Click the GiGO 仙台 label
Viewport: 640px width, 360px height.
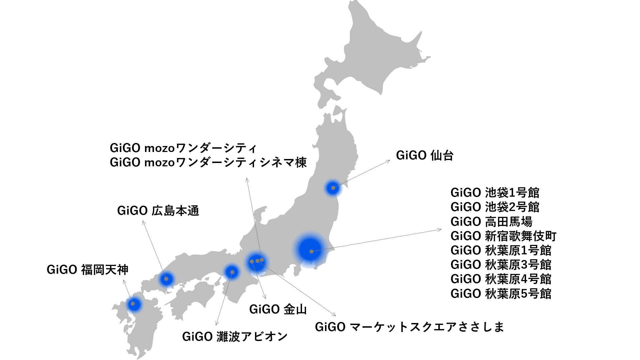pos(425,156)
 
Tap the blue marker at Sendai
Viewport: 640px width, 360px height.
pos(333,188)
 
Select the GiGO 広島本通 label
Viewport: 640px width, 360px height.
pos(158,211)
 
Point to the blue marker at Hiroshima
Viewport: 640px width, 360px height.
pos(166,279)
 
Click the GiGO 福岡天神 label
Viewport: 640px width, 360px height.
pos(87,270)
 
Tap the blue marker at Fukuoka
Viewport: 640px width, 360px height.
pos(133,304)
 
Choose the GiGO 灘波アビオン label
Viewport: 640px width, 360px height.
pos(235,337)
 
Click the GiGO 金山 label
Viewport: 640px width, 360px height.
pos(278,309)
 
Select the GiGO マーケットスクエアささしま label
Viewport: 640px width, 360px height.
pos(410,327)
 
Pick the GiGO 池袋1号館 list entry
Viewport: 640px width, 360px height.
pos(495,193)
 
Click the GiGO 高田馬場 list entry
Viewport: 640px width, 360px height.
pos(492,222)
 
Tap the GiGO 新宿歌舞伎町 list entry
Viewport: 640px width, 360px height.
pos(504,236)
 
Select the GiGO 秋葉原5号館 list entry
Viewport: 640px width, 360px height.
pos(501,294)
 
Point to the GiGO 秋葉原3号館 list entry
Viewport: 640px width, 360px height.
pos(501,265)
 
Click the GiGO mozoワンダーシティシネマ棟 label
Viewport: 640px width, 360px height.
pos(208,162)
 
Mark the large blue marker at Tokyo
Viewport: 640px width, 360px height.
pos(310,250)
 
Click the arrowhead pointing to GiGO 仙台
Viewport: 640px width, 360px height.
pos(388,161)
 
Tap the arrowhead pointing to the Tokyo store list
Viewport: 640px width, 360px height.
pos(440,229)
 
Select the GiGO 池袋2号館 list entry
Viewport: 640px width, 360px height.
pos(495,207)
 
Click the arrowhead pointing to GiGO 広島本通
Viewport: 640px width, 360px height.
pos(144,222)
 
